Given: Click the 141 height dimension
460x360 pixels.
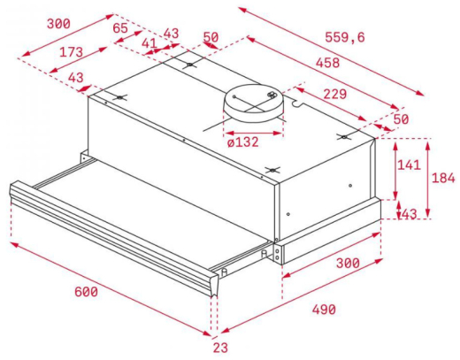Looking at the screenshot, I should pyautogui.click(x=409, y=165).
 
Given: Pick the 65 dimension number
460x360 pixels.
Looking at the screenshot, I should pyautogui.click(x=120, y=27).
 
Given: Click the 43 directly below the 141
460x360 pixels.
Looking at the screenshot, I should pyautogui.click(x=410, y=215).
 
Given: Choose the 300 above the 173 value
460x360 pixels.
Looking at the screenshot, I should pyautogui.click(x=59, y=24).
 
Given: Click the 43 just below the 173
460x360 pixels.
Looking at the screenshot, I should pyautogui.click(x=76, y=78).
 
